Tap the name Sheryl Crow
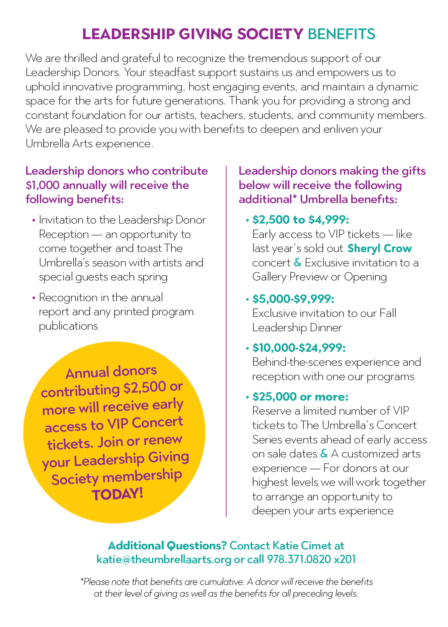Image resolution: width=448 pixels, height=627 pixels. (x=380, y=249)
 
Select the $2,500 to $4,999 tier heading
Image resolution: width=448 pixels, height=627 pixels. (x=301, y=220)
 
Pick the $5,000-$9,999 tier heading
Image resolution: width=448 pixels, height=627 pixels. (x=293, y=298)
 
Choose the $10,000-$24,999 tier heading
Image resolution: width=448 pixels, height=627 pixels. (x=299, y=348)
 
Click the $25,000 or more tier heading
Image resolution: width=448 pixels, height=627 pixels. (x=300, y=397)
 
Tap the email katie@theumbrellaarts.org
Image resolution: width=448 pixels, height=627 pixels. (x=164, y=559)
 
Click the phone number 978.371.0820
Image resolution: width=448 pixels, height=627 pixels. (x=299, y=559)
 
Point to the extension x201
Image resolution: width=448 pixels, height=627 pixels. (x=345, y=559)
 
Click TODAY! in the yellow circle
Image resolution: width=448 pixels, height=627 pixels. (x=117, y=494)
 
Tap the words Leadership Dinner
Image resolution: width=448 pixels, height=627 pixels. (x=297, y=327)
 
